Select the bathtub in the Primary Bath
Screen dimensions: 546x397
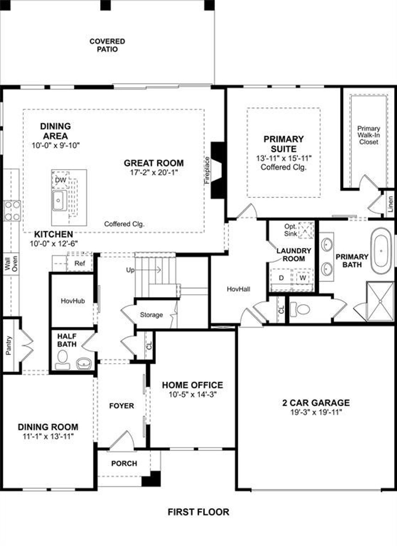tap(382, 251)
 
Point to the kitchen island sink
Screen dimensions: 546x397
tap(59, 201)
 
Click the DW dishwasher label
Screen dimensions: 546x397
tap(60, 180)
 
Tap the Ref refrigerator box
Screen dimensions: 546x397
tap(80, 263)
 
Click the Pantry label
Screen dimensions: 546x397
tap(9, 345)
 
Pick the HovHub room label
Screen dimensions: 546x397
tap(73, 301)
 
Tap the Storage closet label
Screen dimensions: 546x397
tap(151, 315)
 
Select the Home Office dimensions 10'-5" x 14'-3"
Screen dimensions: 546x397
tap(192, 395)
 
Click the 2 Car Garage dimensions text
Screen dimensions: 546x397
tap(316, 412)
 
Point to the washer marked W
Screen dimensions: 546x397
tap(303, 278)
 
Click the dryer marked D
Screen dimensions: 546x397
tap(281, 278)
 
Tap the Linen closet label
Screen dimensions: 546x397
tap(390, 204)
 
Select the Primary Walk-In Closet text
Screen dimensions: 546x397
tap(368, 135)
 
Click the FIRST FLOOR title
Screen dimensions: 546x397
tap(198, 512)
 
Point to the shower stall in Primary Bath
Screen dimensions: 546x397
tap(380, 301)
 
